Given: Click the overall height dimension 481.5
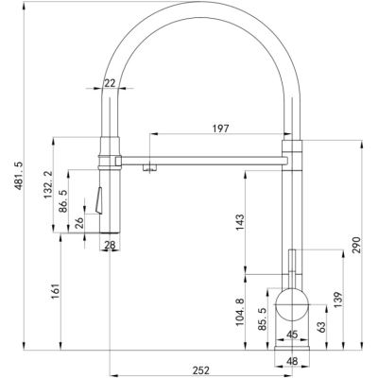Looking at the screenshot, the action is (19, 176).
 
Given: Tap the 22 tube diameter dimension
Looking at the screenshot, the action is (110, 83).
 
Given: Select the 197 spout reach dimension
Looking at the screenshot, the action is (220, 129).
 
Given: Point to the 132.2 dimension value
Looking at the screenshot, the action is (48, 184).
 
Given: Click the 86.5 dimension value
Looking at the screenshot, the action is (63, 201).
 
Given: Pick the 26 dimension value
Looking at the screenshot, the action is (79, 223).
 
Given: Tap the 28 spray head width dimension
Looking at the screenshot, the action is (110, 245).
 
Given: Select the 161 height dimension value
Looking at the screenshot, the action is (56, 291).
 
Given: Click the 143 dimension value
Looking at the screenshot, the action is (240, 222).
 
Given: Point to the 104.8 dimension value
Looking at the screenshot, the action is (240, 312).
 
